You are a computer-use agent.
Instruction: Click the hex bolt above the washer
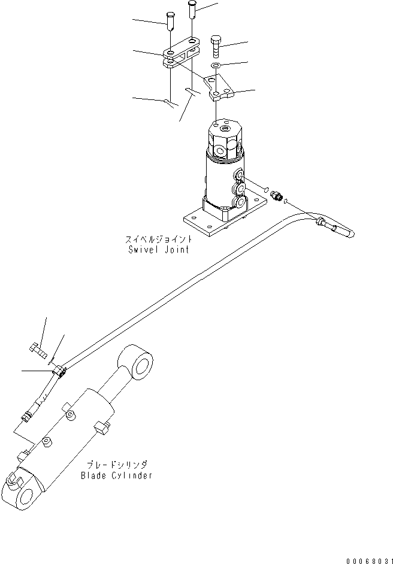click(216, 45)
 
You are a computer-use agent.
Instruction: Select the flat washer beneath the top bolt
click(216, 65)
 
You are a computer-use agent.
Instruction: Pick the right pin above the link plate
click(192, 10)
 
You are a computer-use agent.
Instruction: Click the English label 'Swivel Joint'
click(159, 249)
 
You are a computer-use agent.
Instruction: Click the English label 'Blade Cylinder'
click(116, 475)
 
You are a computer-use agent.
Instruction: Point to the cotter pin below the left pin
click(170, 103)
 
